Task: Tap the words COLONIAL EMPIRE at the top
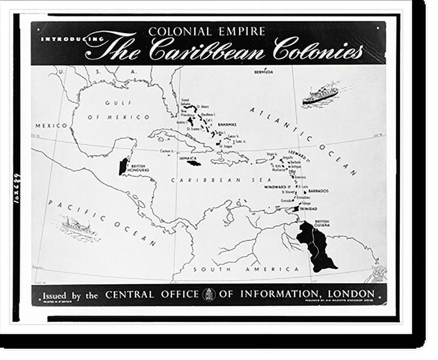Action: (207, 31)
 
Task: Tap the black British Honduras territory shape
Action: (123, 166)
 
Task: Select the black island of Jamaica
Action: (194, 163)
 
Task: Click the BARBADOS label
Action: (318, 191)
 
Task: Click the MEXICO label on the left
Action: (51, 126)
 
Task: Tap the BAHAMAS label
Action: (226, 124)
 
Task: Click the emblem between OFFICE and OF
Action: (209, 294)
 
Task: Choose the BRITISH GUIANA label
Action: (322, 223)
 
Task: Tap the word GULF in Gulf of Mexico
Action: (115, 103)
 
